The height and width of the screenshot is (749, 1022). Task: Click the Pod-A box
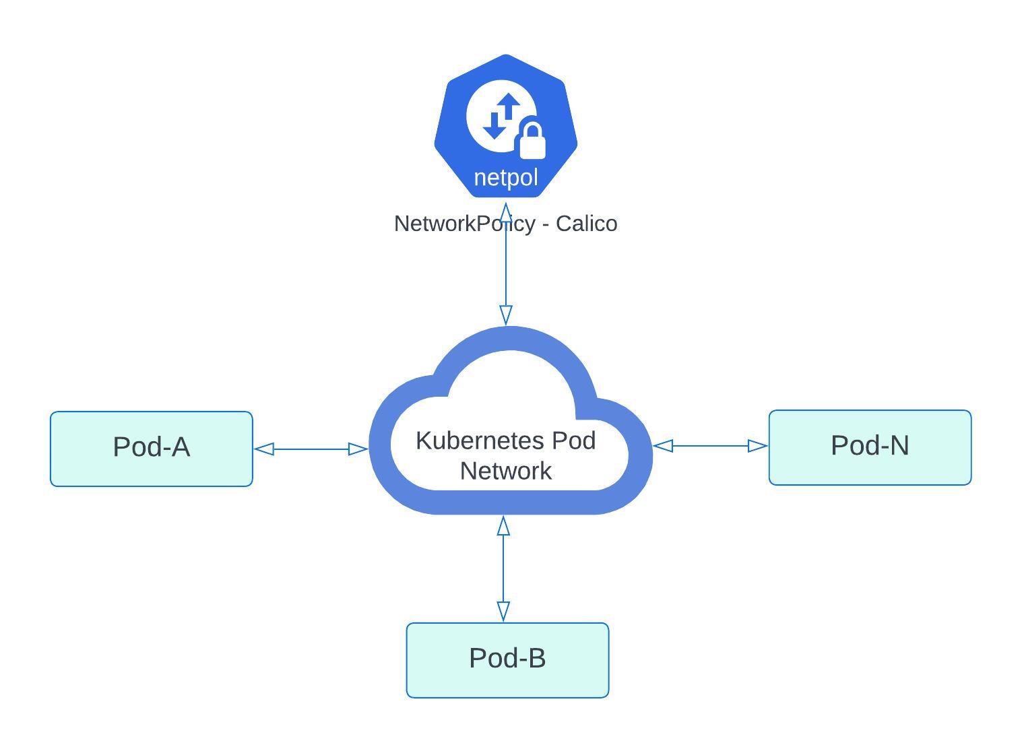pos(151,449)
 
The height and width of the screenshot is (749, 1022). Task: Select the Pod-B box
pos(507,659)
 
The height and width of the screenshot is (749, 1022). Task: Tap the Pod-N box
pos(870,447)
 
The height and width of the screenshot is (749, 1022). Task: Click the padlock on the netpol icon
pos(531,142)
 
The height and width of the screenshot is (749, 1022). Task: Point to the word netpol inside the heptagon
pos(506,178)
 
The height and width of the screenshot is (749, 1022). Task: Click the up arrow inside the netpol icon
pos(509,106)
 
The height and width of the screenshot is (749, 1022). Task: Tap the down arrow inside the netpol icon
pos(494,126)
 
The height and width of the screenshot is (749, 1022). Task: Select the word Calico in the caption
pos(586,224)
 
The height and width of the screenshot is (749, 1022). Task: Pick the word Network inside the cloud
pos(506,471)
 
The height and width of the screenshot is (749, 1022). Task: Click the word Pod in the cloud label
pos(573,441)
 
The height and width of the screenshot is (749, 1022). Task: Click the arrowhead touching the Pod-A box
pos(264,449)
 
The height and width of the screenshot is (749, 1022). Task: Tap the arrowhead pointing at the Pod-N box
pos(758,445)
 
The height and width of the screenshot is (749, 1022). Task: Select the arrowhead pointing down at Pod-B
pos(503,611)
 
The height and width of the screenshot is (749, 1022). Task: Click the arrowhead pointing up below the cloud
pos(503,526)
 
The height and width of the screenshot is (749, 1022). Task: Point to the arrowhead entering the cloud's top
pos(506,315)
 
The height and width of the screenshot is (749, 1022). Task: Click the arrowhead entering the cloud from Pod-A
pos(358,449)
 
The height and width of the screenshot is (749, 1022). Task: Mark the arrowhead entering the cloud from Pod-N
pos(663,445)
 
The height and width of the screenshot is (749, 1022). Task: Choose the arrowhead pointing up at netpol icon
pos(506,212)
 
